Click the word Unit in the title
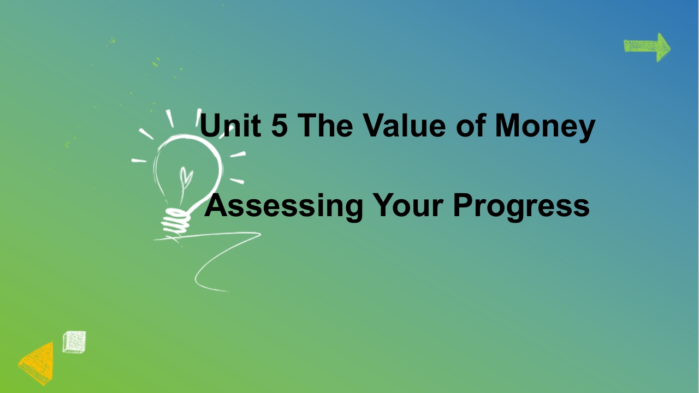coord(230,125)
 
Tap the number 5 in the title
coord(280,125)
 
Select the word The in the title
coord(325,125)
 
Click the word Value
coord(404,125)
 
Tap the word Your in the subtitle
coord(408,205)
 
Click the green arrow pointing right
coord(647,47)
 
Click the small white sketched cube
coord(74,342)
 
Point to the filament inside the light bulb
coord(185,184)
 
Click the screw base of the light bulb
coord(176,222)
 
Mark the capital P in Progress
coord(464,205)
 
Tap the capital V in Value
coord(375,125)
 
